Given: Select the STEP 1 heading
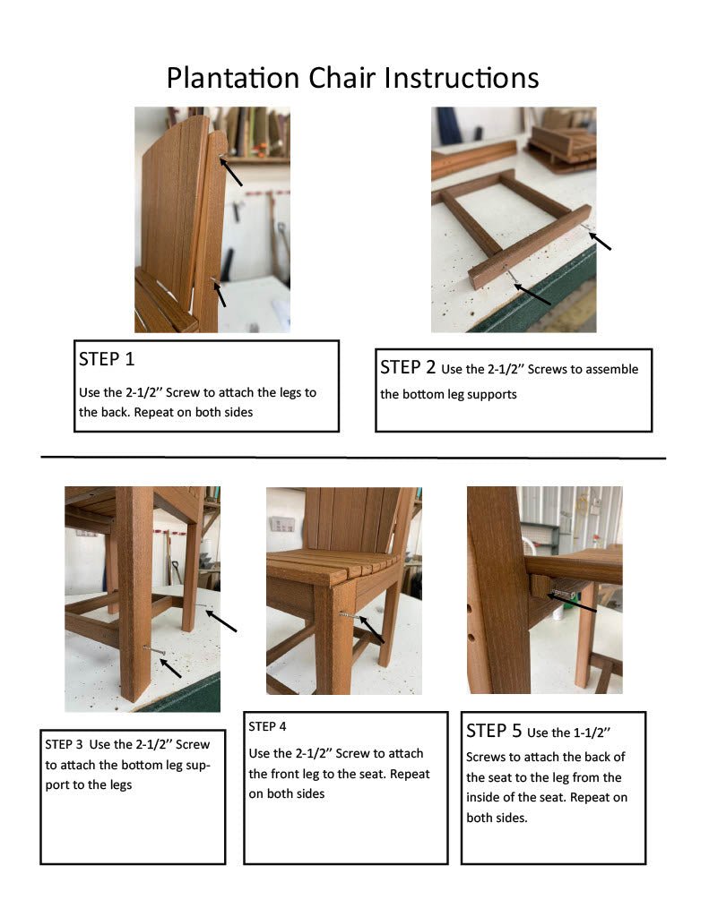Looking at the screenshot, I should [x=107, y=360].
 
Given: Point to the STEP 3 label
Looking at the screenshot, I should [x=64, y=744].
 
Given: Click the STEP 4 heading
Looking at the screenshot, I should [x=268, y=726].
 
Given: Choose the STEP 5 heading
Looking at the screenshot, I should [x=494, y=732].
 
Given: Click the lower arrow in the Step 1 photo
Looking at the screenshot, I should [x=218, y=292].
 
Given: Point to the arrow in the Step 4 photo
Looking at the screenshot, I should [x=370, y=629].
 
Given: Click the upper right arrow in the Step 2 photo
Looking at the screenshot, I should [x=600, y=239].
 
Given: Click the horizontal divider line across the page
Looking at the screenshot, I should [x=353, y=458].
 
